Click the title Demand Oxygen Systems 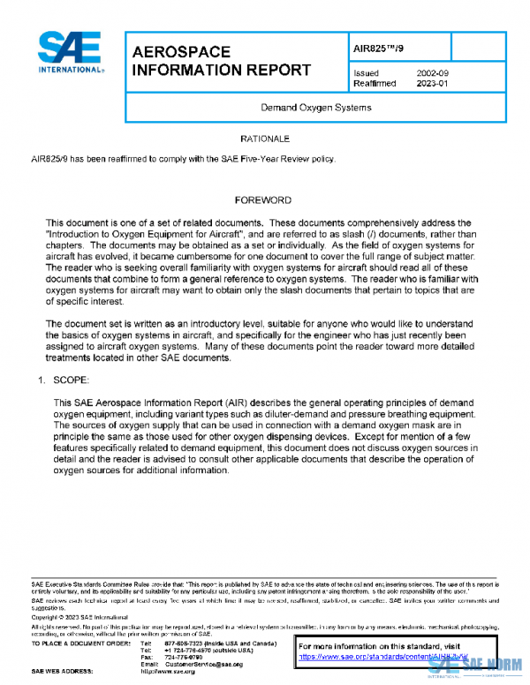click(315, 108)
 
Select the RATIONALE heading click(265, 139)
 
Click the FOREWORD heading click(263, 200)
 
